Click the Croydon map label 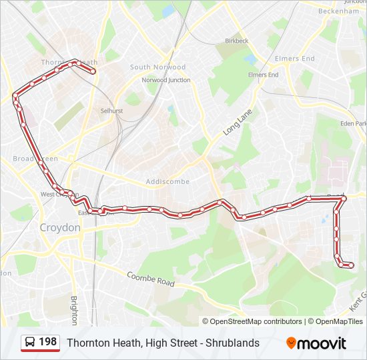[60, 227]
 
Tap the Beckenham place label [338, 11]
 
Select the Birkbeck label [236, 41]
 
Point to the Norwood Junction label [165, 80]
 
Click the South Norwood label [157, 67]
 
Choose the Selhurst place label [111, 111]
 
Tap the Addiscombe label [167, 181]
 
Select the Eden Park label [353, 123]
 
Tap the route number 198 [47, 342]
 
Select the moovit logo [316, 343]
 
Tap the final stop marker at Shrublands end [351, 266]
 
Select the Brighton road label [73, 311]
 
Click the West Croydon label [55, 194]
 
